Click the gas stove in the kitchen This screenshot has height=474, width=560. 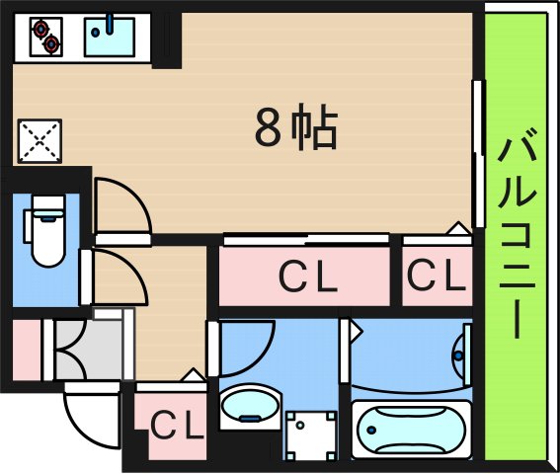(45, 38)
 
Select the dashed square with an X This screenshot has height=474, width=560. (40, 140)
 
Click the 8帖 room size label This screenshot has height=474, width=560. (296, 127)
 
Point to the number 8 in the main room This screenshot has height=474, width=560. (267, 128)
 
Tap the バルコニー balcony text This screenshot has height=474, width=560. (517, 237)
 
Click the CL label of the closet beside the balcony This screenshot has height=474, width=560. (437, 276)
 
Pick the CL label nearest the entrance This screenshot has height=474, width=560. (176, 426)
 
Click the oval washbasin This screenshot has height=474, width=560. (247, 405)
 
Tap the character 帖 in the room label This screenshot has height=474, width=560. (316, 127)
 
